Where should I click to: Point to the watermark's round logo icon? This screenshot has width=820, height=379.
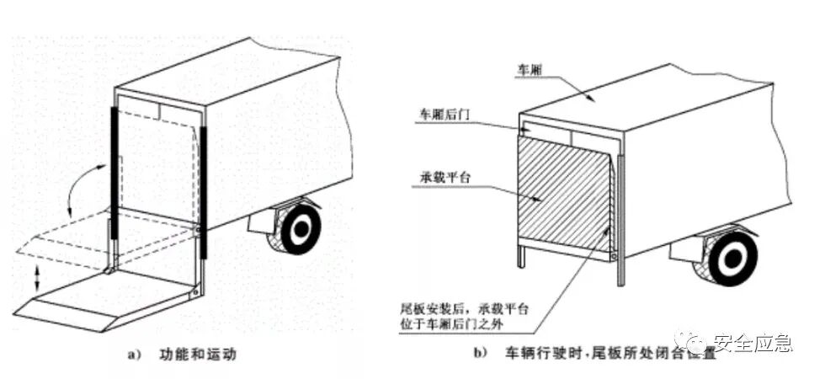pos(698,343)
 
